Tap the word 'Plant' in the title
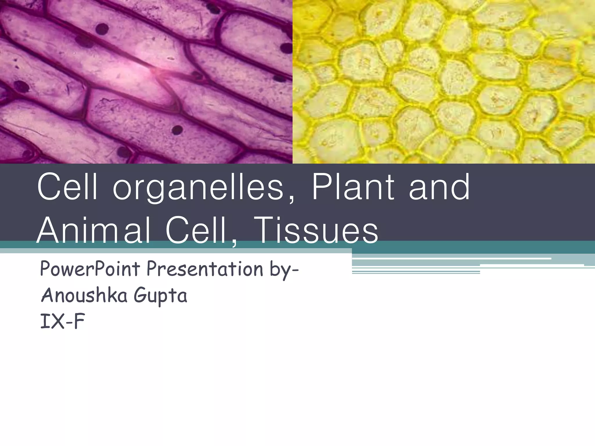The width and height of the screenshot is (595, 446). tap(353, 187)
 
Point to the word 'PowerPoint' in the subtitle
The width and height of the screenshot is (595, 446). tap(90, 269)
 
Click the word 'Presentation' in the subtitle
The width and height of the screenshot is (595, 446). tap(205, 269)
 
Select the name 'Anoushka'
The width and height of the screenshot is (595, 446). tap(84, 295)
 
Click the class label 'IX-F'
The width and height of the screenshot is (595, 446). tap(62, 321)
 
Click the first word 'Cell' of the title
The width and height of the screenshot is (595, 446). tap(67, 187)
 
